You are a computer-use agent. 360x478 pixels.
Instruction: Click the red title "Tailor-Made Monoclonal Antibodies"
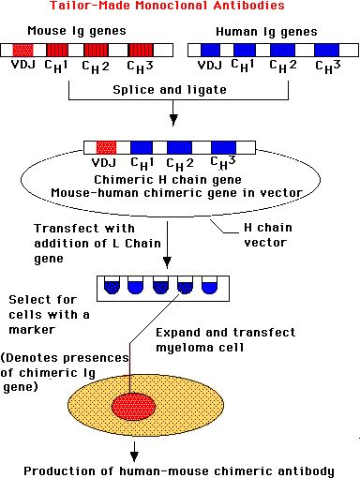(167, 6)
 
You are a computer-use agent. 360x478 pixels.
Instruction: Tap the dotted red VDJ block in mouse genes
(22, 50)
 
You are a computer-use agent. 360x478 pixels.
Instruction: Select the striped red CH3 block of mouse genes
(141, 50)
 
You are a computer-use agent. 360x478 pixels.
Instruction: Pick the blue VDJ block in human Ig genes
(210, 50)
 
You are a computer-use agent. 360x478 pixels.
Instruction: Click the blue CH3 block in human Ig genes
(326, 50)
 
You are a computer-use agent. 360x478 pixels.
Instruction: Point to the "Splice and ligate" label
(170, 90)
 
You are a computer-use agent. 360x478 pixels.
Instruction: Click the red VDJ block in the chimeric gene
(106, 147)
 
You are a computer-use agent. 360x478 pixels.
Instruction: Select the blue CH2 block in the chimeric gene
(179, 147)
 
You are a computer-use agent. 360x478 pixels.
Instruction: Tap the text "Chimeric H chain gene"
(168, 180)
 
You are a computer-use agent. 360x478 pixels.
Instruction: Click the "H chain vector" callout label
(268, 235)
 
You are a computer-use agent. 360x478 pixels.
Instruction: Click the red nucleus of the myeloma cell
(134, 407)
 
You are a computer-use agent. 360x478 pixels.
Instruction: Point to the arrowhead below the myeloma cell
(134, 456)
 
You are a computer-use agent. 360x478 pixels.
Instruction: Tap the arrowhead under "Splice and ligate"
(173, 120)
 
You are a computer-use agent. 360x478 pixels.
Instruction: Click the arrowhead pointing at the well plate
(167, 261)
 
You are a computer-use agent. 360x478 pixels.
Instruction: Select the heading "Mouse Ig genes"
(77, 31)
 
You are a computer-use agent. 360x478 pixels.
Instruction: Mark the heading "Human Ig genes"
(266, 32)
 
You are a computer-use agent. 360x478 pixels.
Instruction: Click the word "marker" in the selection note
(32, 330)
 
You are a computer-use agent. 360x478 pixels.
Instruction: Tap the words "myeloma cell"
(200, 348)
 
